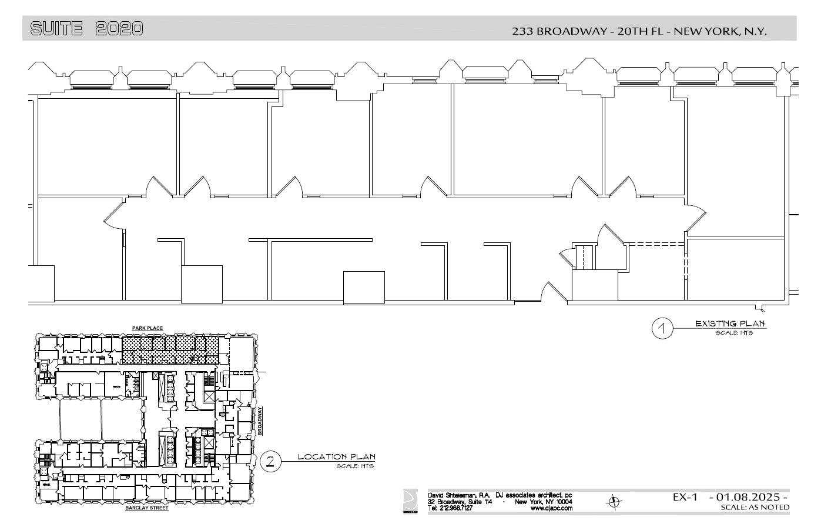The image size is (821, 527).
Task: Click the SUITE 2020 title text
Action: (x=86, y=28)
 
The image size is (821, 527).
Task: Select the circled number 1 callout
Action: (x=662, y=329)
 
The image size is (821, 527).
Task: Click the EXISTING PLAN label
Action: (x=730, y=323)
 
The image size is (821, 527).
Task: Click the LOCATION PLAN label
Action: (x=336, y=456)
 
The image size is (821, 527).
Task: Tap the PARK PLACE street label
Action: (x=147, y=328)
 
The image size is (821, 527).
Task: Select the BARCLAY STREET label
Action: (x=147, y=508)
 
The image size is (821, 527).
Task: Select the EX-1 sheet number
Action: (x=685, y=498)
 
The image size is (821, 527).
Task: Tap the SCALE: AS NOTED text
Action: (x=755, y=508)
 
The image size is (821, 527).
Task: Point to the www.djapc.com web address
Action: (x=551, y=508)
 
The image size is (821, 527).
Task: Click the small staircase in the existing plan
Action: (x=584, y=257)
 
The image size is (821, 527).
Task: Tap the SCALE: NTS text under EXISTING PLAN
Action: (x=733, y=333)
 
